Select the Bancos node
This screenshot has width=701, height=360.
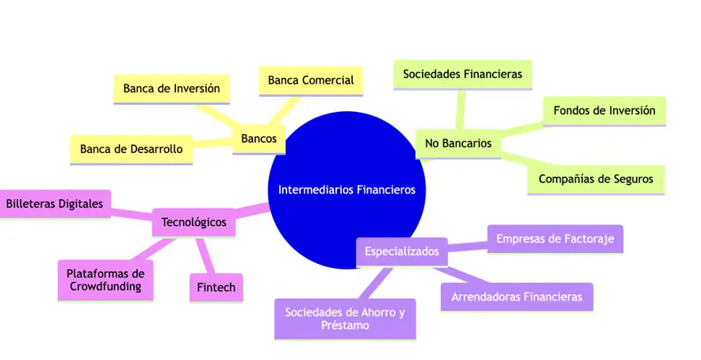click(x=259, y=139)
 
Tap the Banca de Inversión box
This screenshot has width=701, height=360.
click(x=171, y=88)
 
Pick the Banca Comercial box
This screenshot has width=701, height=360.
click(x=310, y=80)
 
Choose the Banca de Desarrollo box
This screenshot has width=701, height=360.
click(x=131, y=148)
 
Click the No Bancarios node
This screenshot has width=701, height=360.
click(x=458, y=144)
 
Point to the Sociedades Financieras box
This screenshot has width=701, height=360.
click(x=462, y=75)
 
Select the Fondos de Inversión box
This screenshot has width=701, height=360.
click(x=604, y=110)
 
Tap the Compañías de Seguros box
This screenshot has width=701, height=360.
click(x=596, y=179)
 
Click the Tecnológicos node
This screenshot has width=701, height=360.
click(x=193, y=222)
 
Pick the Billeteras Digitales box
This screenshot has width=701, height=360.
click(x=54, y=205)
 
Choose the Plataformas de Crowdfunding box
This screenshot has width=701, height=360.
click(x=105, y=280)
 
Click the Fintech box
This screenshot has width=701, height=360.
click(x=216, y=287)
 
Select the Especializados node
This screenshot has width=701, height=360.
click(x=401, y=252)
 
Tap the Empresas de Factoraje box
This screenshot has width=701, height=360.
click(x=555, y=238)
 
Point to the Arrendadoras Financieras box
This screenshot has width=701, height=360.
click(x=516, y=297)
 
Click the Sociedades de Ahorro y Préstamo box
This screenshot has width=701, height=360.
click(x=344, y=318)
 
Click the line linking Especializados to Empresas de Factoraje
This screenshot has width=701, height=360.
click(x=467, y=247)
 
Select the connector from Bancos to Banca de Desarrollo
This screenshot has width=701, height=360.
click(x=213, y=144)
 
